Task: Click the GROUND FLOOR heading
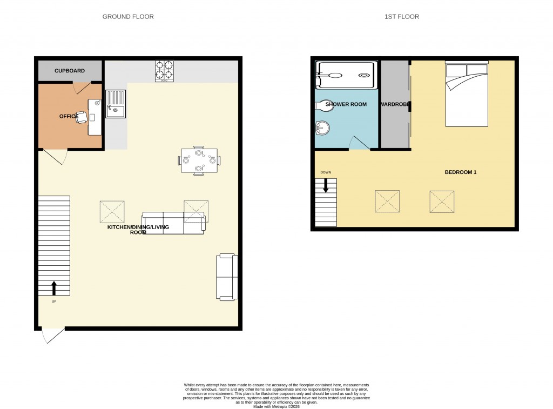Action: click(x=128, y=17)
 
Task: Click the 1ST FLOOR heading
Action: click(x=401, y=17)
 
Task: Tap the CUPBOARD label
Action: click(x=70, y=71)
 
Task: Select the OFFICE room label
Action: click(x=69, y=116)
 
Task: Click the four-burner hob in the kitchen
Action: click(x=165, y=71)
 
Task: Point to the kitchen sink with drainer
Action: click(x=116, y=104)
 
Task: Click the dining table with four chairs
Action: click(x=199, y=160)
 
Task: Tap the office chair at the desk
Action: click(x=82, y=117)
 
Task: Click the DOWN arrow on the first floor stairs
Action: click(x=326, y=185)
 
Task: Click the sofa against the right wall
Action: click(x=227, y=277)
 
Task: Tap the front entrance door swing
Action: click(x=53, y=335)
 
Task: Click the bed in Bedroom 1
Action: click(x=467, y=95)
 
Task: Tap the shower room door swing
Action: click(x=359, y=143)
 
